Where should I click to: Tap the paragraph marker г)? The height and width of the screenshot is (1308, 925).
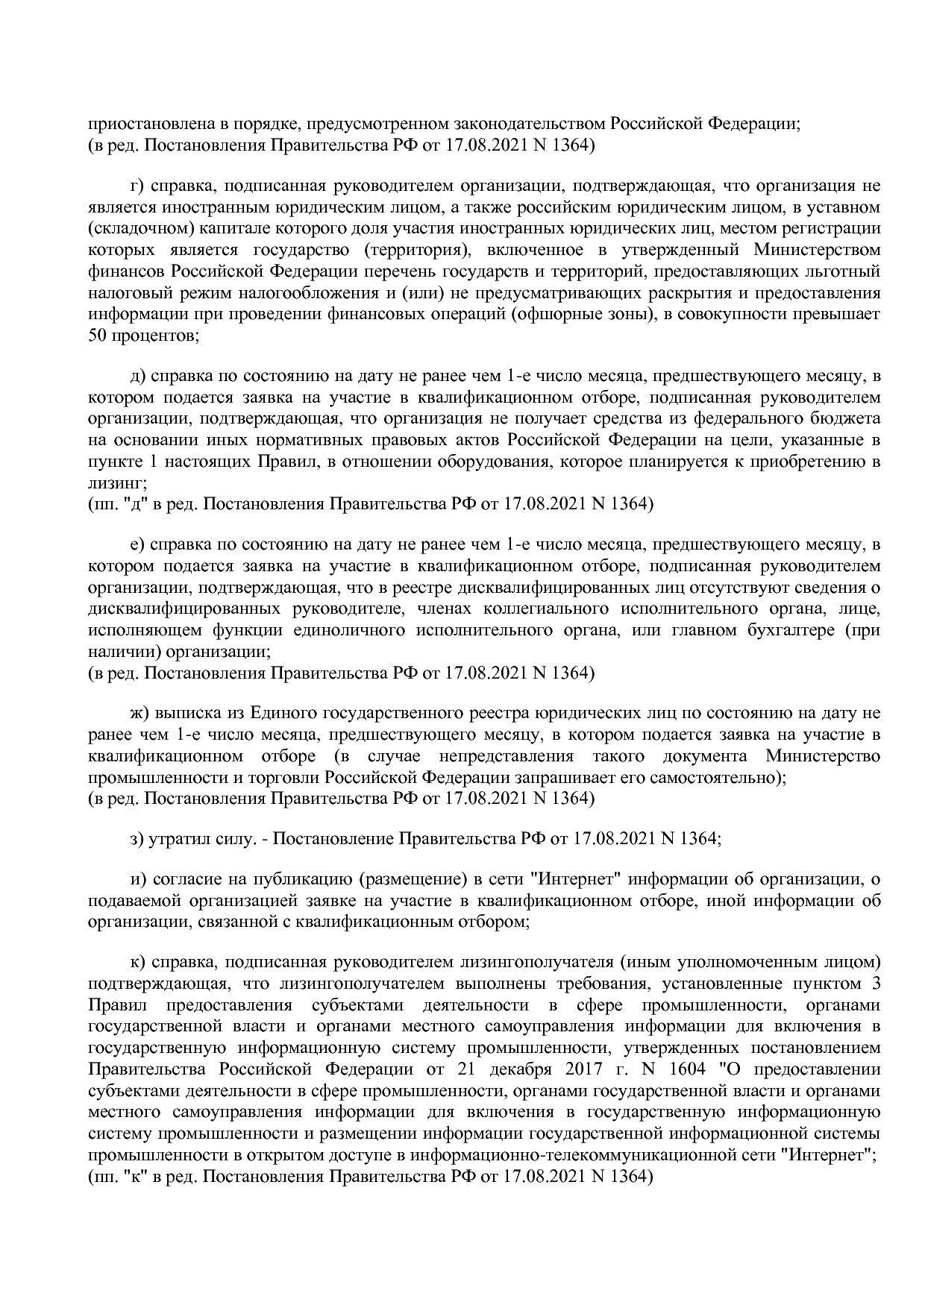point(136,185)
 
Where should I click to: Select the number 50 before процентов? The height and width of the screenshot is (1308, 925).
point(97,335)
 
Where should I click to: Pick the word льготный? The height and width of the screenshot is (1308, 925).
point(846,270)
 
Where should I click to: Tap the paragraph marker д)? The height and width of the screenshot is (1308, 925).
point(137,375)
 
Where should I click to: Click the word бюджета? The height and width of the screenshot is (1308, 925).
point(844,418)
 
